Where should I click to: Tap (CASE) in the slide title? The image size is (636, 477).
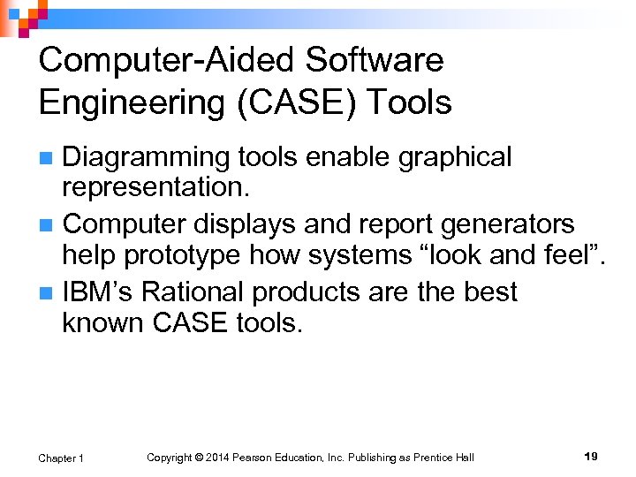(281, 103)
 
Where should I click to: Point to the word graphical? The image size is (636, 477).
(455, 157)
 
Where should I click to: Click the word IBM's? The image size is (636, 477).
(98, 291)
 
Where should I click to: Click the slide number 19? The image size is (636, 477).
(591, 457)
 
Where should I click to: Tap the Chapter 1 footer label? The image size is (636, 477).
(61, 458)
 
